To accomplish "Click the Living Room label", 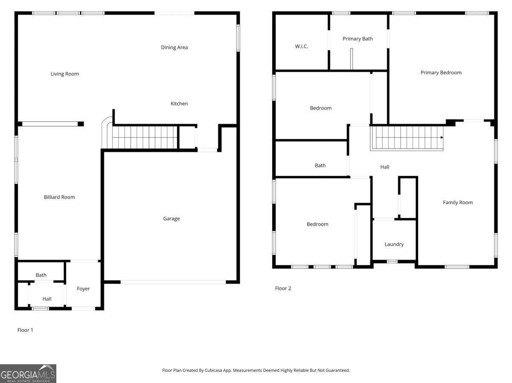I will (65, 74).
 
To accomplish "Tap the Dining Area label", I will (174, 47).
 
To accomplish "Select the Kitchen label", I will (179, 104).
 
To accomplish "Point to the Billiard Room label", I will (59, 197).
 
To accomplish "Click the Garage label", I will (171, 219).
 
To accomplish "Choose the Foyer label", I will (83, 288).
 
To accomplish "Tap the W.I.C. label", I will (301, 46).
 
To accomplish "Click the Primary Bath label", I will (358, 39).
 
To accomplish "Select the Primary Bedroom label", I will (441, 72).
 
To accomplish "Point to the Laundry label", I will (394, 244).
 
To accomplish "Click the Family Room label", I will (457, 202).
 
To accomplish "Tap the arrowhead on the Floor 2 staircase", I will (442, 138).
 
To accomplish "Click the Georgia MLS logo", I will (28, 373).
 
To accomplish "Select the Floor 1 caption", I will (25, 330).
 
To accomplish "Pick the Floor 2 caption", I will (283, 288).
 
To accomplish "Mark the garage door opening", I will (173, 282).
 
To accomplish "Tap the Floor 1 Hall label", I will (47, 299).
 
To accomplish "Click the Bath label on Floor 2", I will (320, 165).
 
